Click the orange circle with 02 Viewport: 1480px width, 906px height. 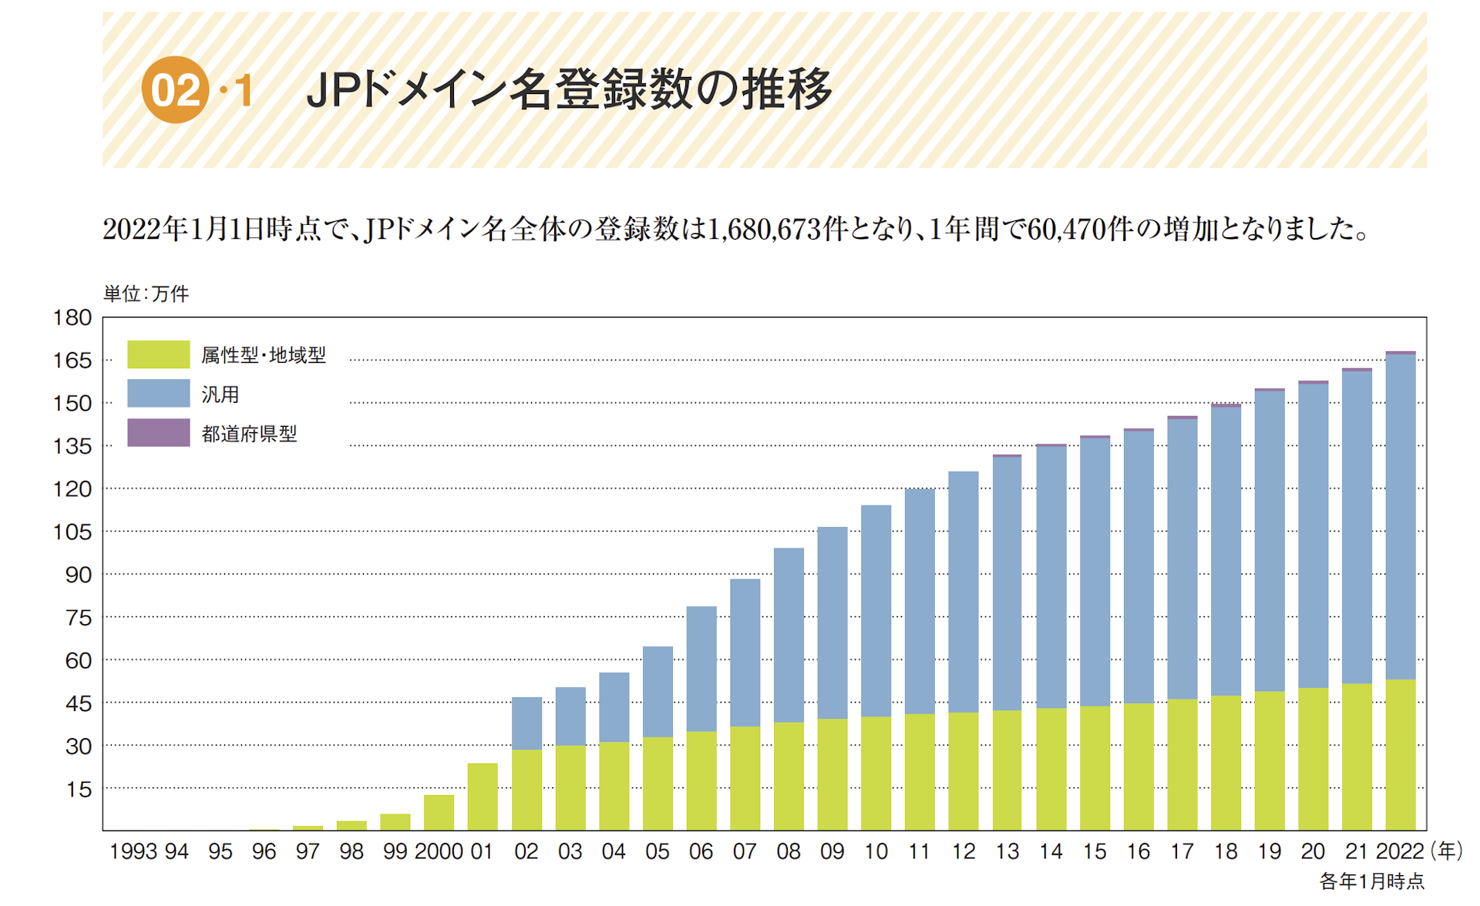tap(175, 89)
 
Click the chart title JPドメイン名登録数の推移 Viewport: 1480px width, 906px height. tap(569, 89)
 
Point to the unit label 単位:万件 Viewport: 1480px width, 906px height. tap(146, 294)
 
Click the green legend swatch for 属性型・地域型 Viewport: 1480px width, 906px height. tap(158, 354)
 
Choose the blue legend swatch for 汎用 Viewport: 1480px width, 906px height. tap(158, 394)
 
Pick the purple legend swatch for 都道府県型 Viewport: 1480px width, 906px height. tap(158, 433)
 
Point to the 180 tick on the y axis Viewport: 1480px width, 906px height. tap(72, 317)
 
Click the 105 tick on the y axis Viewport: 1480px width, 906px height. tap(72, 532)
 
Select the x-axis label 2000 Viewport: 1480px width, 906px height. tap(439, 851)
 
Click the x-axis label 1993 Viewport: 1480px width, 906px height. tap(133, 851)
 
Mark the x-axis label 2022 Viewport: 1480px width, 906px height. tap(1399, 851)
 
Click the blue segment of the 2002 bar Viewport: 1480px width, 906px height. tap(526, 723)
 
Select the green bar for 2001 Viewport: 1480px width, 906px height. tap(483, 797)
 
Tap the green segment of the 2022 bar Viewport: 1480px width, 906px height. tap(1400, 755)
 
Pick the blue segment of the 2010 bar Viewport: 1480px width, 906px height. tap(876, 611)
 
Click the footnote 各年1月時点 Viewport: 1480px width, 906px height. tap(1371, 881)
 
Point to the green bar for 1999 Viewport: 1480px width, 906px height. tap(395, 822)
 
